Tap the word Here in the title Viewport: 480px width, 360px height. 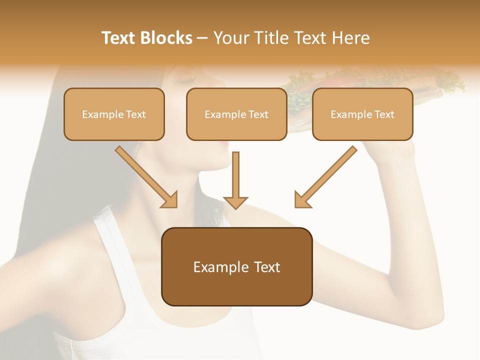352,38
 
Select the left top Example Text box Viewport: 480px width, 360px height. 114,114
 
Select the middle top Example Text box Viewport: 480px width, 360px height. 236,114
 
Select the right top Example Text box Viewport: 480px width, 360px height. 362,114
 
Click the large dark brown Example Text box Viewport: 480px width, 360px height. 236,267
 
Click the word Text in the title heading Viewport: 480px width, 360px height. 121,38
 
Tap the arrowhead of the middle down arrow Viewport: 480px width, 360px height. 235,202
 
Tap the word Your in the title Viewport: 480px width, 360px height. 231,38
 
